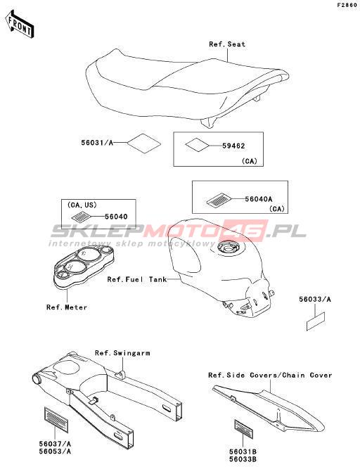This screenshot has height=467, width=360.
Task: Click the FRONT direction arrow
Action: tap(20, 24)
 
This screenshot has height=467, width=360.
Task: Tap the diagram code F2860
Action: tap(347, 5)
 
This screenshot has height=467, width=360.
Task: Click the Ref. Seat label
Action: tap(227, 44)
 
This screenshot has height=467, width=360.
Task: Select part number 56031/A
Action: tap(97, 143)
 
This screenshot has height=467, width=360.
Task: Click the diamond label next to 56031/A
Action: tap(144, 144)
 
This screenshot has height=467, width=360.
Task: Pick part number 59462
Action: tap(233, 146)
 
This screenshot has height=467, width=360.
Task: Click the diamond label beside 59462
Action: tap(197, 146)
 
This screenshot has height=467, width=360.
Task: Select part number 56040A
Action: tap(259, 198)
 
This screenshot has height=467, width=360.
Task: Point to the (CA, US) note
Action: tap(82, 205)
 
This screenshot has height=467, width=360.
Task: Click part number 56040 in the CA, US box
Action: tap(116, 217)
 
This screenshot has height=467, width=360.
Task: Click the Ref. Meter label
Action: tap(67, 307)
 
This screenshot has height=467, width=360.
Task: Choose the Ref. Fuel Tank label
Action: tap(137, 279)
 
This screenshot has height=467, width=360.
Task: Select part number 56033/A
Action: tap(315, 300)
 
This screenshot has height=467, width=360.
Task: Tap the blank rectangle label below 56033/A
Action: tap(315, 321)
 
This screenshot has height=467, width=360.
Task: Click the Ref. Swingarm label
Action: tap(122, 353)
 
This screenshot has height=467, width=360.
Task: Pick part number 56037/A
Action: tap(55, 444)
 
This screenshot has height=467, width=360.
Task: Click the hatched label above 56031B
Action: tap(243, 429)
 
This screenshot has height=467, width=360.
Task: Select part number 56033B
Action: tap(243, 459)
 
